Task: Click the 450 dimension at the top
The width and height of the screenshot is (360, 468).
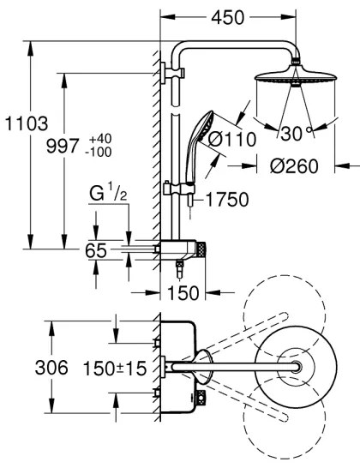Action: pos(228,18)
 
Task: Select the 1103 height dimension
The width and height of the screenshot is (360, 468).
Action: pos(27,123)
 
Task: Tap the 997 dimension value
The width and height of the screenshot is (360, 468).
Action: pos(63,146)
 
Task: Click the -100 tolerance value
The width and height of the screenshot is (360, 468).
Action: pos(99,152)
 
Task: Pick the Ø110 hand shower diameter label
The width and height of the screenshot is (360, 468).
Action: pos(232,139)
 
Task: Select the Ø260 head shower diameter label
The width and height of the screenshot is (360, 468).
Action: pos(294,166)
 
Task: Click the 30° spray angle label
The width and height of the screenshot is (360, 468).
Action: pos(296,133)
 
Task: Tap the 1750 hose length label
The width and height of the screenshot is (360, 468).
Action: pos(227,200)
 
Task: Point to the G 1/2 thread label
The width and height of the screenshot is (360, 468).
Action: pos(108,194)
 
